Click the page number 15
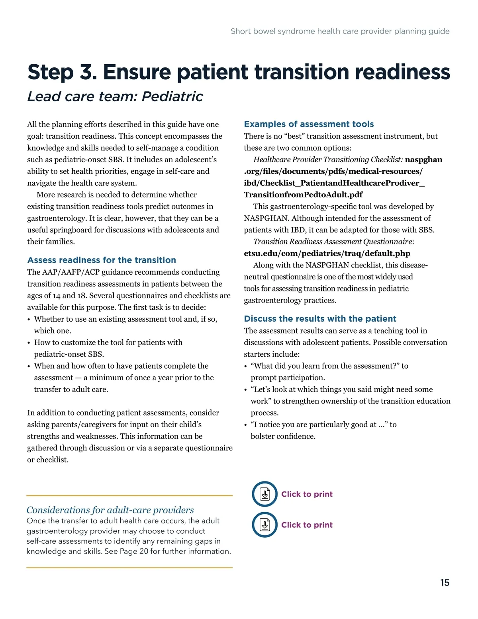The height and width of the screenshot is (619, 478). pos(445,583)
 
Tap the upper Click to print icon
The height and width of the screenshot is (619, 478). pos(264,494)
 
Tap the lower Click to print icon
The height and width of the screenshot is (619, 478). pos(264,525)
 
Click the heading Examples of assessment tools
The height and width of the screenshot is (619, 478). pos(309,124)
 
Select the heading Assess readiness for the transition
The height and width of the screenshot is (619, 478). pos(102,260)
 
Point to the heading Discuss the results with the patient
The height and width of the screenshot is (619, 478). pos(320,318)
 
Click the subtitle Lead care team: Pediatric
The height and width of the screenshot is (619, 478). pos(115,96)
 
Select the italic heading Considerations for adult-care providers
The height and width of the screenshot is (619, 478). pos(110,510)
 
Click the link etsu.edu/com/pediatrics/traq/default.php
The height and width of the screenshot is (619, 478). pos(327,253)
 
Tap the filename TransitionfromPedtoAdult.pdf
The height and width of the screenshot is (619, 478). pos(303,195)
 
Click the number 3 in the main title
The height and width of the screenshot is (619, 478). pos(88,72)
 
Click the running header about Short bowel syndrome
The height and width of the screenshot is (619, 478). pos(340,31)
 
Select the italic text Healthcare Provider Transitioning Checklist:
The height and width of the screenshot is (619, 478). pos(328,159)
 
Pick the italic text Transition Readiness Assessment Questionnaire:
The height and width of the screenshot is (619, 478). pos(334,242)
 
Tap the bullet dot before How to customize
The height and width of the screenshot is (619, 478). pos(29,343)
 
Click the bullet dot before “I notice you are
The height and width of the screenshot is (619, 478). pos(245,425)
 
